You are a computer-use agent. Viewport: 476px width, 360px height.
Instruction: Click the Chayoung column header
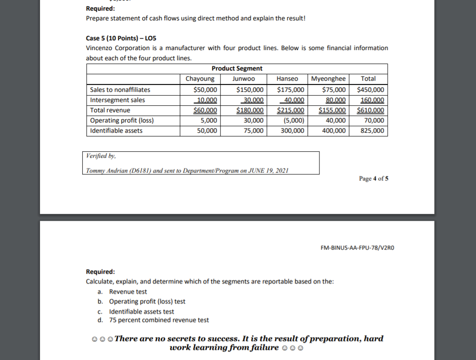tap(200, 79)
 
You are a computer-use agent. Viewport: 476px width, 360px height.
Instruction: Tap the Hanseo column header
tap(287, 79)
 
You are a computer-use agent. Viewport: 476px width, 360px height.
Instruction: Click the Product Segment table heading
tap(237, 69)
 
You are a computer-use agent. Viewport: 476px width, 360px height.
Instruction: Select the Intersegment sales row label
tap(117, 100)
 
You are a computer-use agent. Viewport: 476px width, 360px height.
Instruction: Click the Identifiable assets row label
tap(116, 131)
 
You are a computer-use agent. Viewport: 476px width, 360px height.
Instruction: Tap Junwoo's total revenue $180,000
tap(250, 110)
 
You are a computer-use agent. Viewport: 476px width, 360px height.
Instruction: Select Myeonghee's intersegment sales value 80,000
tap(337, 100)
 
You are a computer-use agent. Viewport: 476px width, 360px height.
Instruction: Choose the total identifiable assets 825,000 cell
tap(372, 131)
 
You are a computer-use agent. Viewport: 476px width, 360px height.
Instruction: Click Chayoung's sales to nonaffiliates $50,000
tap(205, 90)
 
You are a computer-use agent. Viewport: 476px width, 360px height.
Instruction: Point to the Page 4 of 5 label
tap(373, 179)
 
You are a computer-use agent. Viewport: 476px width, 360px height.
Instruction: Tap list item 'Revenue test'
tap(128, 292)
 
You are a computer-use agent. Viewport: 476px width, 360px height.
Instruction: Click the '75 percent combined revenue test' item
tap(159, 320)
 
